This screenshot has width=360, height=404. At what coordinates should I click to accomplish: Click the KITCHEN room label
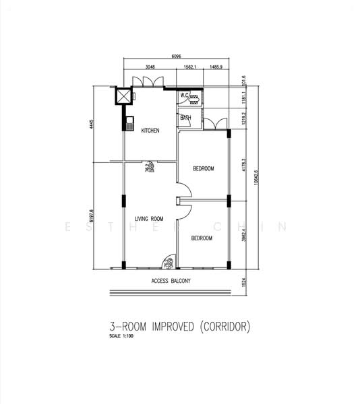pyautogui.click(x=150, y=131)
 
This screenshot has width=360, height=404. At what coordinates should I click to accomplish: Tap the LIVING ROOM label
pyautogui.click(x=149, y=219)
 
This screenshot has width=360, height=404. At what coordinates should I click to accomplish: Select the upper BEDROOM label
pyautogui.click(x=203, y=169)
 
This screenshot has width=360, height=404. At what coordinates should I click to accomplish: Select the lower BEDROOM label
pyautogui.click(x=201, y=238)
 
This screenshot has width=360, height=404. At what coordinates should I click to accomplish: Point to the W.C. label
pyautogui.click(x=185, y=95)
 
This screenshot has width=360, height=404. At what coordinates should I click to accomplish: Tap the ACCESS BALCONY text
pyautogui.click(x=171, y=280)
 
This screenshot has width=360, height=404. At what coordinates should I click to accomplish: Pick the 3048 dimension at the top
pyautogui.click(x=152, y=67)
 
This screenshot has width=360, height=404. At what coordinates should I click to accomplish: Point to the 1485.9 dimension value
pyautogui.click(x=216, y=67)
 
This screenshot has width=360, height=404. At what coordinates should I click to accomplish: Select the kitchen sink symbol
pyautogui.click(x=127, y=123)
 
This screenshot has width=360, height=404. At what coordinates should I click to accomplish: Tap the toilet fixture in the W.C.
pyautogui.click(x=195, y=98)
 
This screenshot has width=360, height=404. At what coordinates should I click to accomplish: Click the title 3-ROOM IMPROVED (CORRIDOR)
pyautogui.click(x=179, y=327)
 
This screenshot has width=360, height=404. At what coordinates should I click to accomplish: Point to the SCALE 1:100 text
pyautogui.click(x=122, y=337)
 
